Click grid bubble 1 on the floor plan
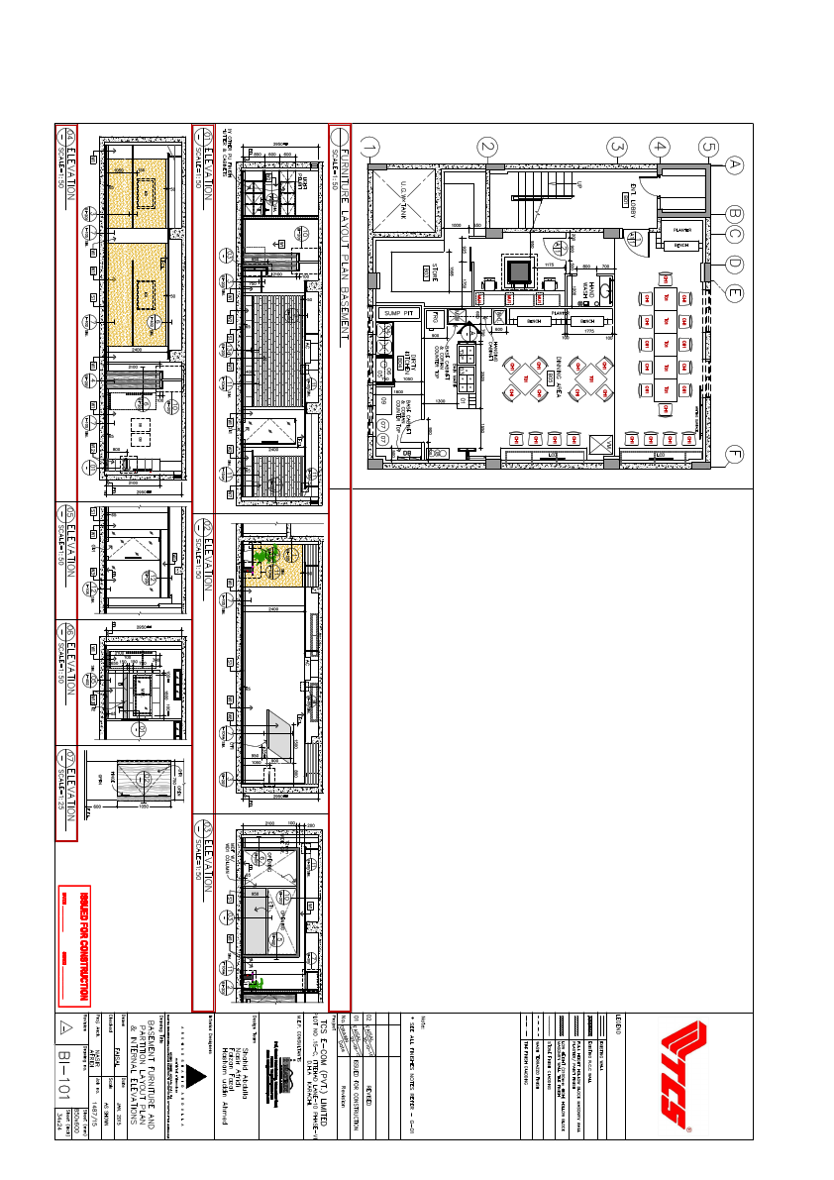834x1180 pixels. tap(370, 148)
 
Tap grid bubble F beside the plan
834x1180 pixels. tap(734, 457)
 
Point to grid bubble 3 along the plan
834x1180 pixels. tap(616, 147)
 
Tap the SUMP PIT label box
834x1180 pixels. tap(397, 313)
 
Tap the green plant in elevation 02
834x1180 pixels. tap(263, 560)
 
